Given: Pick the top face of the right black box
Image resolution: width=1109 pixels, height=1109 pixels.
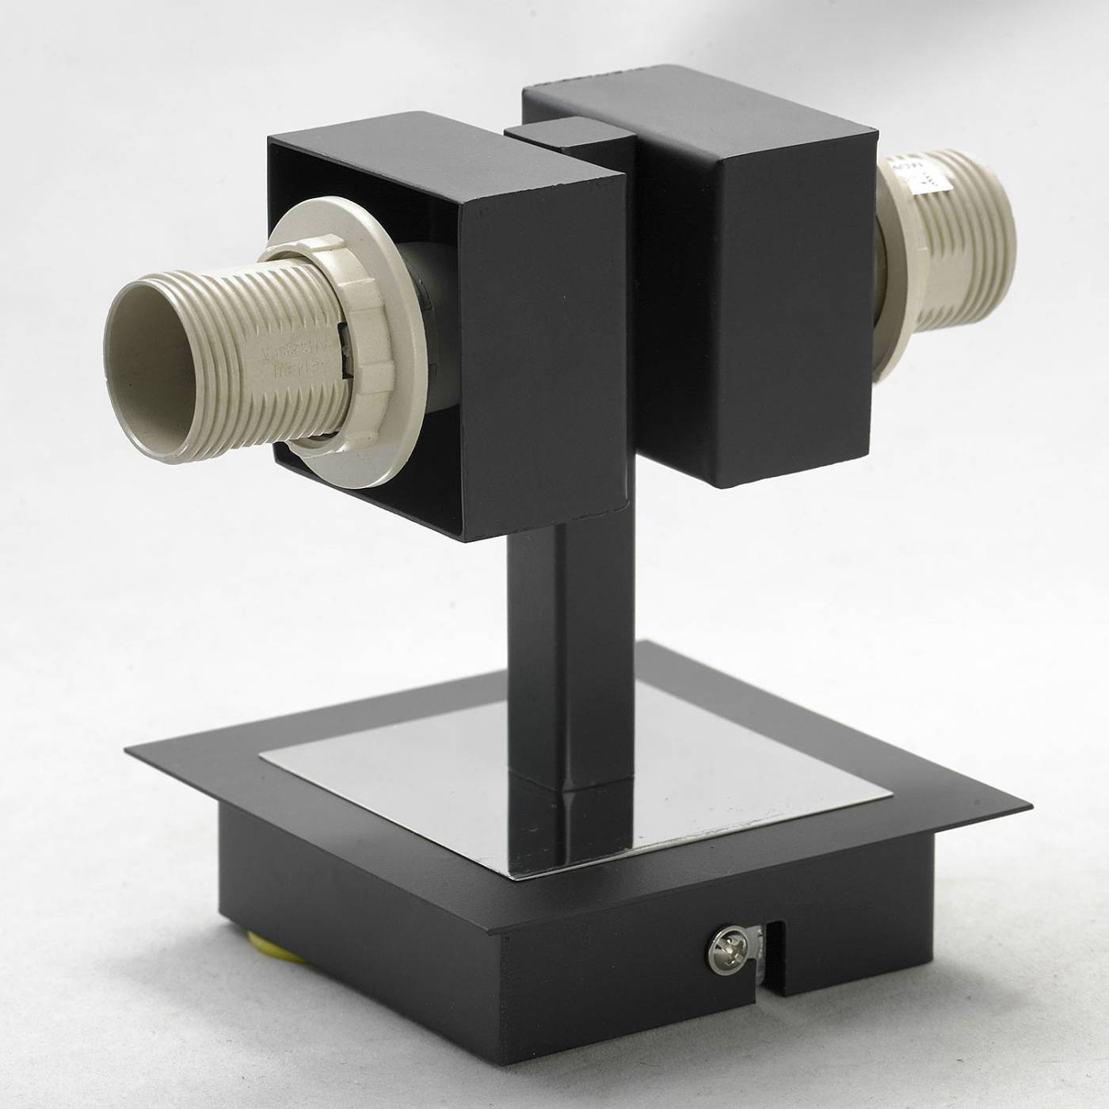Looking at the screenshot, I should (697, 119).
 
